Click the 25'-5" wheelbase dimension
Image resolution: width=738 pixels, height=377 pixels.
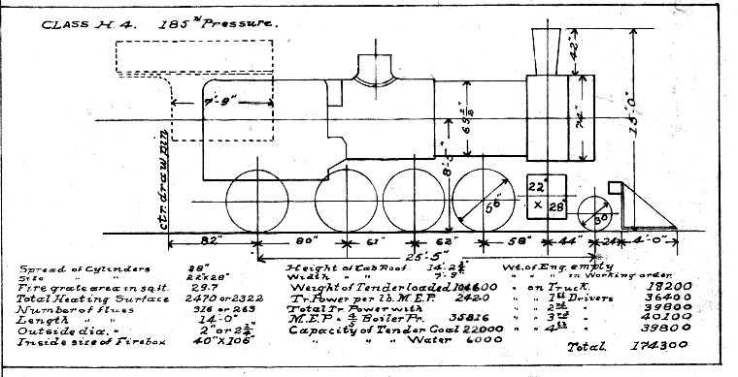coord(396,257)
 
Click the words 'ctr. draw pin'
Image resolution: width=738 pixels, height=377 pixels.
coord(181,175)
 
